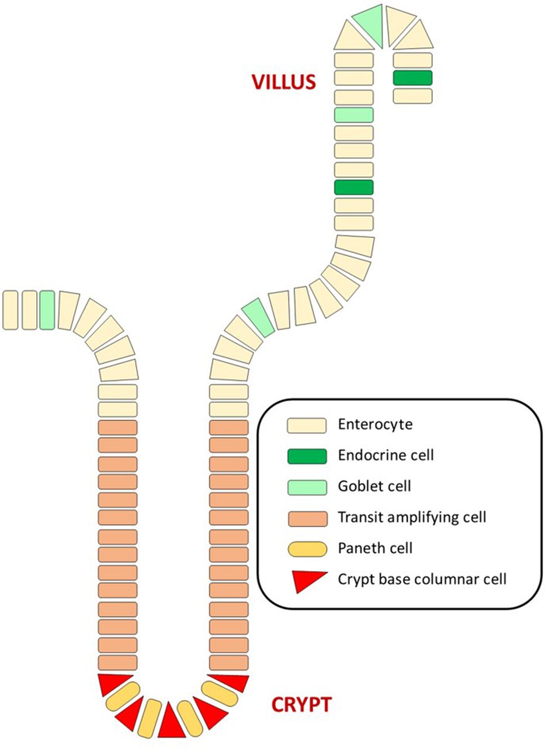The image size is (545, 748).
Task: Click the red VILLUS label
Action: coord(283,81)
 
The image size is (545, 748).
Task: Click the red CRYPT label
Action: coord(301,704)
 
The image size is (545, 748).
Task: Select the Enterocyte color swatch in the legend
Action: coord(306,425)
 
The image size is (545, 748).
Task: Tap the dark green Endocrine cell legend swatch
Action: coord(306,455)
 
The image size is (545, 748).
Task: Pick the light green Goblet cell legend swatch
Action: coord(306,486)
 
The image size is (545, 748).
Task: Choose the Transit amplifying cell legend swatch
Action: coord(306,517)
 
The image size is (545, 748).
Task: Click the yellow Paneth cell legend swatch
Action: coord(306,548)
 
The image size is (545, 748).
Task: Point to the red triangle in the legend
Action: coord(308,580)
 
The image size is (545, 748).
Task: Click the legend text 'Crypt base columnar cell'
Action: coord(422,579)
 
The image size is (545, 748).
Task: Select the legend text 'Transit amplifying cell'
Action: coord(412,517)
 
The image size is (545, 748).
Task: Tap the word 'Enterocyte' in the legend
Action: coord(375,424)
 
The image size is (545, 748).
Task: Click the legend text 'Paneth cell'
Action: coord(375,548)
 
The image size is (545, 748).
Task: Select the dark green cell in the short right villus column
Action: coord(412,78)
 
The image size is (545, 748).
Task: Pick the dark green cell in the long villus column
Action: coord(353,187)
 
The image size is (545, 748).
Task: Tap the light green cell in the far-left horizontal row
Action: coord(47,310)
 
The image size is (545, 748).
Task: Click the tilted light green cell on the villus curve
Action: coord(258,317)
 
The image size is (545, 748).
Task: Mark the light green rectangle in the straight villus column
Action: coord(353,115)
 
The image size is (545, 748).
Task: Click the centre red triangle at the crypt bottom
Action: coord(171,722)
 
